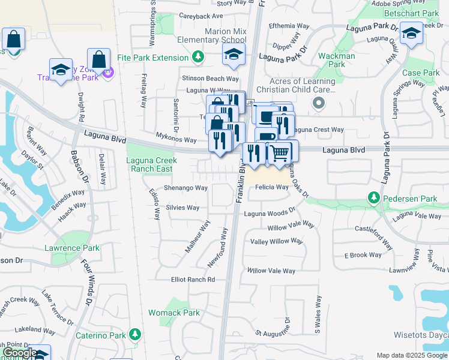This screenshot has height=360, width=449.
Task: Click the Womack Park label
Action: [x=174, y=313]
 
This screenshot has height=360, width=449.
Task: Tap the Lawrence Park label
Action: [x=75, y=248]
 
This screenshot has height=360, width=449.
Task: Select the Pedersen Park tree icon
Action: [x=373, y=198]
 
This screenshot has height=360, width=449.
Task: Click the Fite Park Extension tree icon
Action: [x=197, y=58]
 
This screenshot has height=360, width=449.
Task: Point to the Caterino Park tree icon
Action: [x=135, y=333]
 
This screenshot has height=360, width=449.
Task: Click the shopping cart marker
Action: [x=280, y=153]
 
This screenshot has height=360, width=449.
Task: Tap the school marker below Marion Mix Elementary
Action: [x=234, y=55]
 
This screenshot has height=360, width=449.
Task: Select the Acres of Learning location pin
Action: [x=319, y=104]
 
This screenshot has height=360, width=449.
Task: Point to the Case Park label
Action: [x=421, y=73]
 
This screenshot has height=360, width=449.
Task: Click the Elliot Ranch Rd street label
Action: [x=193, y=280]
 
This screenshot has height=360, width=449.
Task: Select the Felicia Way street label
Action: [x=272, y=187]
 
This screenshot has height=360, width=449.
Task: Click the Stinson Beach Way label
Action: [x=211, y=79]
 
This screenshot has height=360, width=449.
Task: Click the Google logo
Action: [x=20, y=353]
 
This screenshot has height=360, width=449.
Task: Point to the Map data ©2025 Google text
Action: [x=411, y=355]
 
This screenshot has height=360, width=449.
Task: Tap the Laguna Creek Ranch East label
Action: [x=151, y=164]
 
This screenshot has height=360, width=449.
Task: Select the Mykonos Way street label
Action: [x=176, y=140]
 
